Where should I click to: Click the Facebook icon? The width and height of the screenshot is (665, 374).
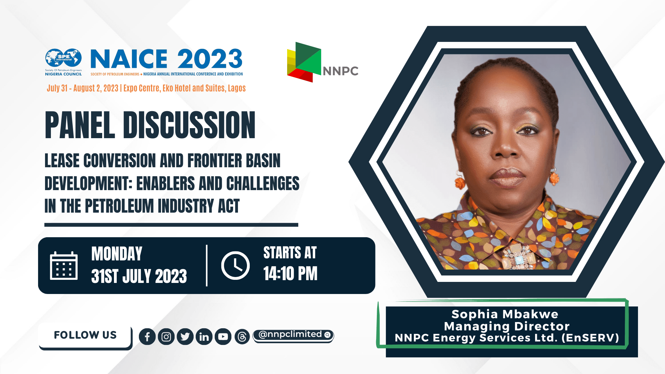tap(147, 337)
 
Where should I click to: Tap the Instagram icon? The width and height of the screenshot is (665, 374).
tap(166, 337)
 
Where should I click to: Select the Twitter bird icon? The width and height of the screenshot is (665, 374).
tap(185, 337)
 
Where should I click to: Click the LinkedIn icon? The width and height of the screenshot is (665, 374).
tap(204, 337)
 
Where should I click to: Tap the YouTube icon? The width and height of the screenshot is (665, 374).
tap(223, 337)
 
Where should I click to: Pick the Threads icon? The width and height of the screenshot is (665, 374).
tap(242, 337)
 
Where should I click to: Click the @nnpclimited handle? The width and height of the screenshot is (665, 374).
tap(293, 335)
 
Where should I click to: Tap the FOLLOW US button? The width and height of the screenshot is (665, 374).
tap(85, 335)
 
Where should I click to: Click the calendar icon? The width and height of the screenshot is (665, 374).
tap(64, 266)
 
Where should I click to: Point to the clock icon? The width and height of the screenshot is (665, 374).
tap(236, 266)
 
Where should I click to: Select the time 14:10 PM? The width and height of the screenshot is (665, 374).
tap(290, 274)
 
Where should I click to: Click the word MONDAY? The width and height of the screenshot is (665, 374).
tap(117, 254)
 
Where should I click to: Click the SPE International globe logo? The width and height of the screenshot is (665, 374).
tap(63, 58)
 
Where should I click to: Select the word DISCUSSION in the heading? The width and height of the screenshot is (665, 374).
tap(189, 125)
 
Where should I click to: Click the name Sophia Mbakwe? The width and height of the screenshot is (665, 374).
tap(505, 314)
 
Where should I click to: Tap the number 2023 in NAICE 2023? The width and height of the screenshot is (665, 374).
tap(210, 59)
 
